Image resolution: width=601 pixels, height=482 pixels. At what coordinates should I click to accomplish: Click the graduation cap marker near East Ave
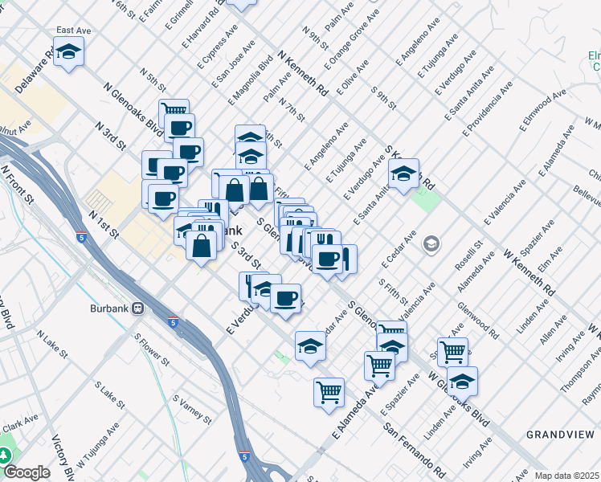pos(69,54)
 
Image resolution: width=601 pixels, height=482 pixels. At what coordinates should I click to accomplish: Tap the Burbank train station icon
pos(138,308)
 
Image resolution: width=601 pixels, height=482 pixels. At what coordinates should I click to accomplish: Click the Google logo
pos(27,472)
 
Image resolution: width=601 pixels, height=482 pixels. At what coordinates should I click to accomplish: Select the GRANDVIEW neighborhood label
pos(560,434)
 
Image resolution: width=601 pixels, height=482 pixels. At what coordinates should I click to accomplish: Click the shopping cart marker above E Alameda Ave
pos(329,392)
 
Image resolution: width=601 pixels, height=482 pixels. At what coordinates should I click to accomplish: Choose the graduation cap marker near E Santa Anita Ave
pos(403,173)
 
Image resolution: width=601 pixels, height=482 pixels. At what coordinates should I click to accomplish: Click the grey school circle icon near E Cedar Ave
pos(431,243)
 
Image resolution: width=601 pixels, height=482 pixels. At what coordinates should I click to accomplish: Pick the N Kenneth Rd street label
pos(303,74)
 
